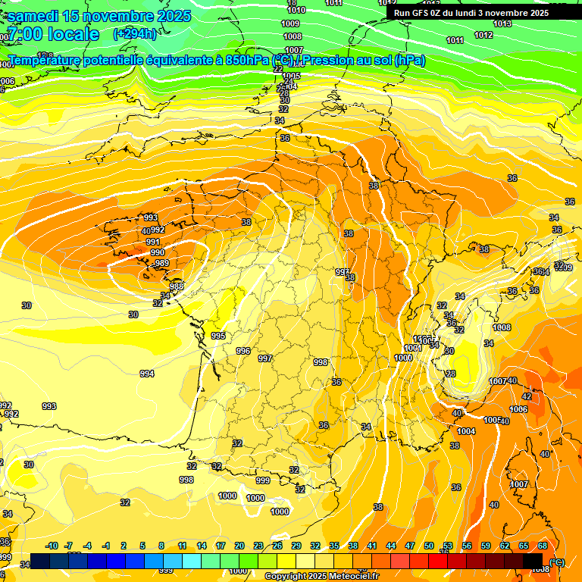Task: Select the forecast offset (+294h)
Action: click(135, 33)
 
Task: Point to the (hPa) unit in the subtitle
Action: click(410, 60)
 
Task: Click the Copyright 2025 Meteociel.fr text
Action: click(321, 576)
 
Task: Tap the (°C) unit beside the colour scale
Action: click(557, 562)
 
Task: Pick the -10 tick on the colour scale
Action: click(52, 546)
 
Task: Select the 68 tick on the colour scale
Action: click(543, 546)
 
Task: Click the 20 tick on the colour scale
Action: click(239, 546)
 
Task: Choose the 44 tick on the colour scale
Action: click(391, 546)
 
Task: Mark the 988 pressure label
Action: click(177, 286)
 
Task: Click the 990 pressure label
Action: click(158, 252)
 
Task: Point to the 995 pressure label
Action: click(218, 336)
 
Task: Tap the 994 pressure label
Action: click(147, 374)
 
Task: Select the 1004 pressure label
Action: click(467, 431)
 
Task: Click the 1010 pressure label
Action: click(296, 10)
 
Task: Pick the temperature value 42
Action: click(527, 396)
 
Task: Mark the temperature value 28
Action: click(451, 374)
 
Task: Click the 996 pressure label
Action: click(242, 351)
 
